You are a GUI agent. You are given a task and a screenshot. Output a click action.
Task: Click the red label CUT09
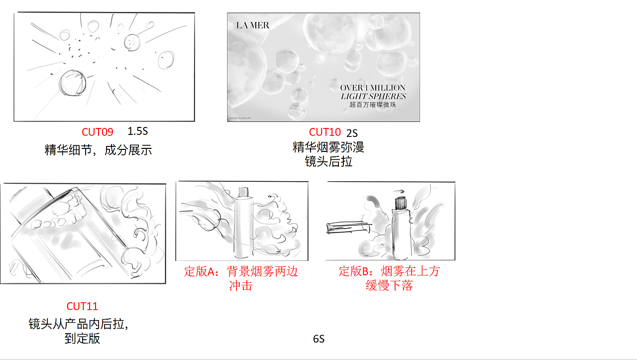pos(98,132)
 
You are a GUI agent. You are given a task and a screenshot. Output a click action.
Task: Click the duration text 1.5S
pos(138,131)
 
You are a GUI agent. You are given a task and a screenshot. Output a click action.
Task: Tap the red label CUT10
pos(325,132)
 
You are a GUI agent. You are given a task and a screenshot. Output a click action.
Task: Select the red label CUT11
pos(82,306)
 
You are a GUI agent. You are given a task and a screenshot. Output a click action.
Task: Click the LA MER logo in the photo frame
pos(253,25)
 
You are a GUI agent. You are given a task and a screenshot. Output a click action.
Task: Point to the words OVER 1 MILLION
pos(373,88)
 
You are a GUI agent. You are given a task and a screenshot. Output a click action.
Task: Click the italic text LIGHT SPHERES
pos(373,96)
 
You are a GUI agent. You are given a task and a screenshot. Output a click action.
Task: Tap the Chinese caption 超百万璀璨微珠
pos(373,105)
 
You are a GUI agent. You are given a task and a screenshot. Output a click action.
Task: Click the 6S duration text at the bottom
pos(318,339)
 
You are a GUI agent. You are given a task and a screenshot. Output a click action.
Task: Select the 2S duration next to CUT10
pos(352,133)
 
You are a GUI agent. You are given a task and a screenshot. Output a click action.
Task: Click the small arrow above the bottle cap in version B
pos(399,190)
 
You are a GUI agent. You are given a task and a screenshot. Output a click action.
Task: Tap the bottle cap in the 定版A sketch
pos(243,192)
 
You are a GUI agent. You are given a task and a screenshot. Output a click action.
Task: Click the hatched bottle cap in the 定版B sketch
pos(401,203)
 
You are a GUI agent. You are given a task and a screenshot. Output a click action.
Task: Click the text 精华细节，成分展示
pos(98,150)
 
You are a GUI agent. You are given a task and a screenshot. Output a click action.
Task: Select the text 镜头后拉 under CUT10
pos(328,161)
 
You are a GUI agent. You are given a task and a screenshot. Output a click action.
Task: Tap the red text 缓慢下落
pos(389,286)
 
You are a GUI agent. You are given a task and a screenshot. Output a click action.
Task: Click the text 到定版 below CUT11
pos(82,339)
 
